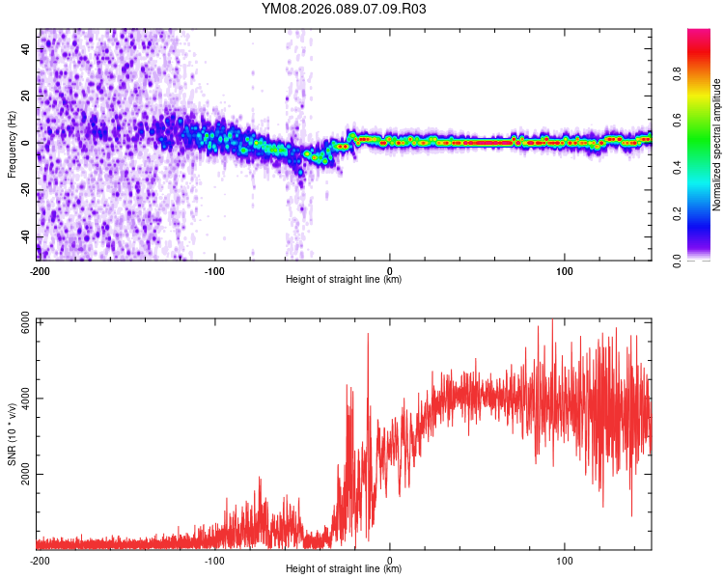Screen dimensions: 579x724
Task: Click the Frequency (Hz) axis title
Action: (12, 144)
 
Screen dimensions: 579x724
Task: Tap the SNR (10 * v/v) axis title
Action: (12, 435)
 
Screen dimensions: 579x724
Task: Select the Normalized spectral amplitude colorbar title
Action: (717, 145)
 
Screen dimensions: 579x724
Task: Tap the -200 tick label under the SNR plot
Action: (40, 560)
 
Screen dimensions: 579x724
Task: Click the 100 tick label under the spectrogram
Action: (565, 270)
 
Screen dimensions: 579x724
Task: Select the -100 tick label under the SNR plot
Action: (214, 560)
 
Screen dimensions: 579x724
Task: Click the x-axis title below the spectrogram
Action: (344, 280)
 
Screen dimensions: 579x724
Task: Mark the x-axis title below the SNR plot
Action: (344, 569)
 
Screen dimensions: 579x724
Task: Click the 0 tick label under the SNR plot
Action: (390, 560)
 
